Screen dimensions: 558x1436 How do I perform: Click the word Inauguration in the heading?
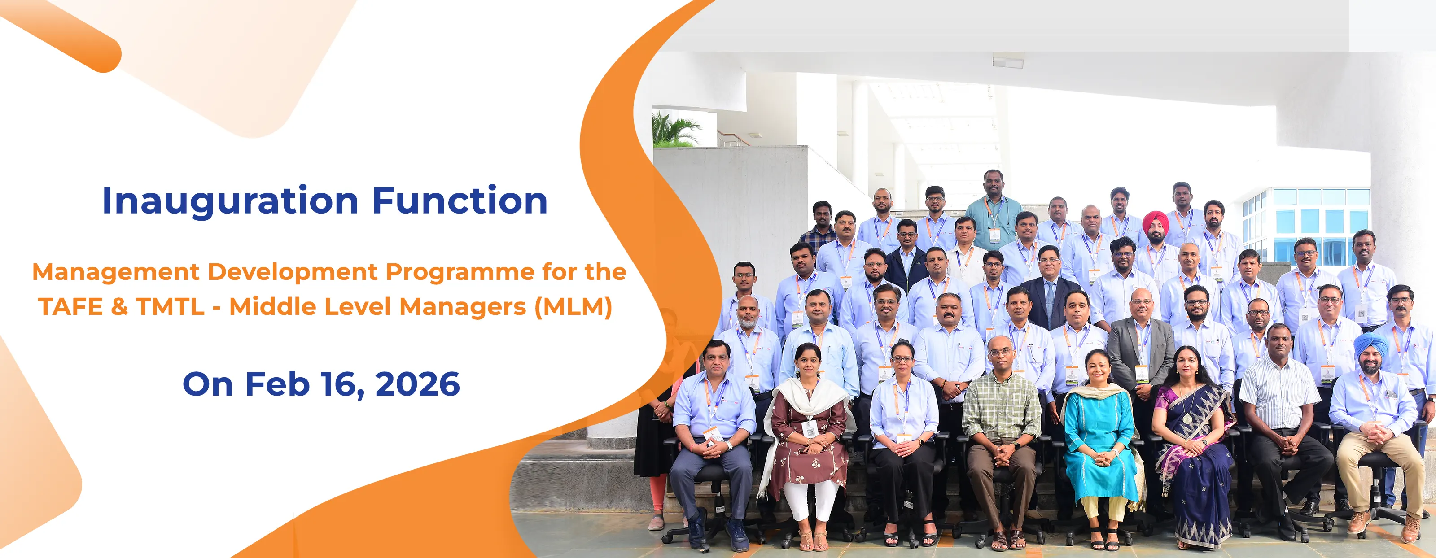230,201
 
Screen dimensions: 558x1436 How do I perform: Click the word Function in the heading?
460,201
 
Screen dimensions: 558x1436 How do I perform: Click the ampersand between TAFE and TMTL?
119,307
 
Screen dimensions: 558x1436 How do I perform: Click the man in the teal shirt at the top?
994,218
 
